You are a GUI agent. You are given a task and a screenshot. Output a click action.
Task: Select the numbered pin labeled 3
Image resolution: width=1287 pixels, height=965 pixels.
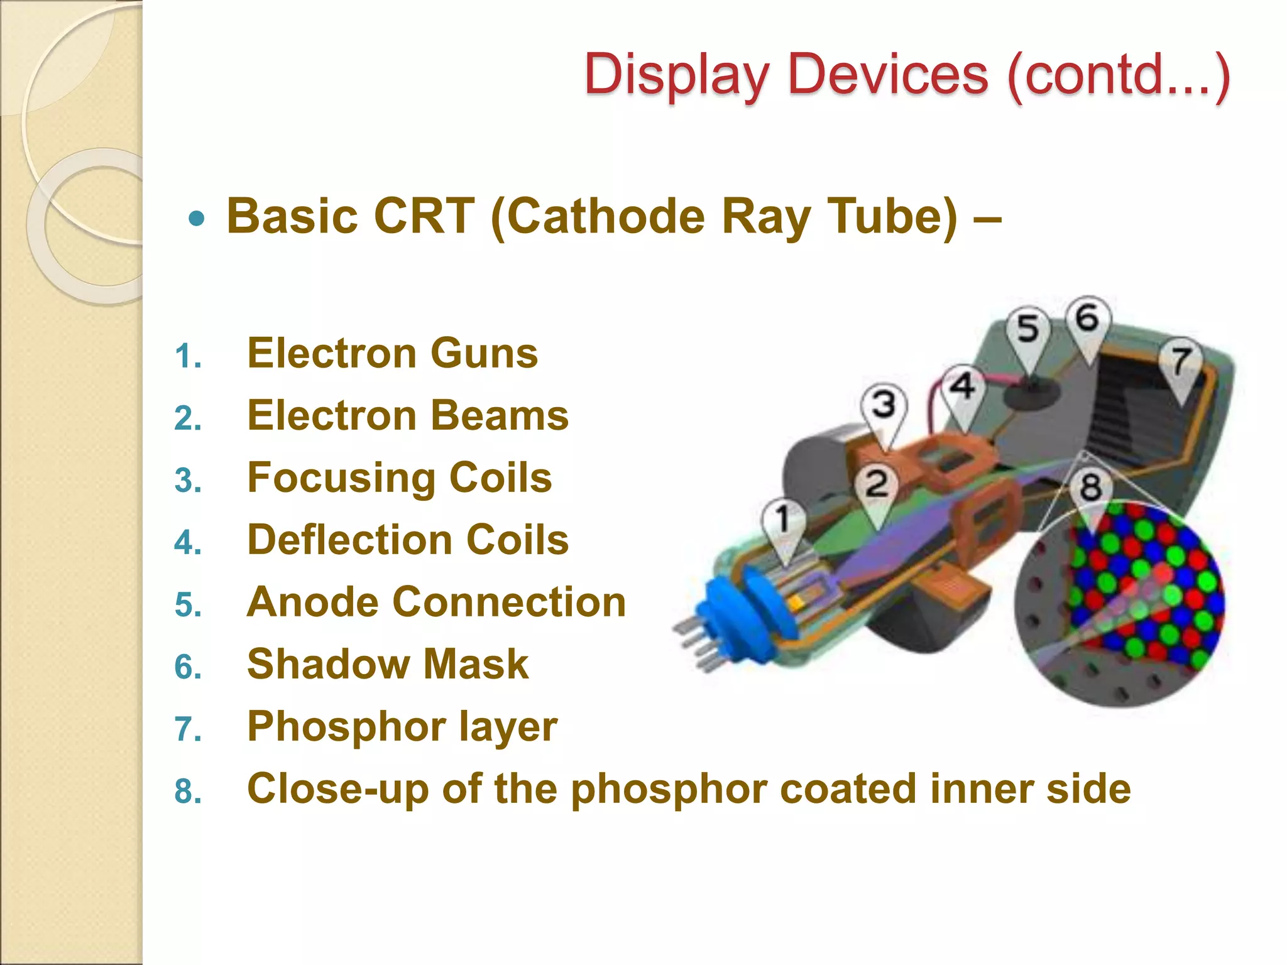click(x=884, y=405)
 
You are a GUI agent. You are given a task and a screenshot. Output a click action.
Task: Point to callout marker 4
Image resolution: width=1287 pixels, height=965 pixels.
click(x=962, y=386)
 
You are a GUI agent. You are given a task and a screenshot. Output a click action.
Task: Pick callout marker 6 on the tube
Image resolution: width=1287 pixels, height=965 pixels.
click(x=1088, y=318)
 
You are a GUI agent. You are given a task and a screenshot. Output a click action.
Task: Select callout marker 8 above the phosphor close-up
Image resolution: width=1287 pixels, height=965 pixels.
click(x=1090, y=488)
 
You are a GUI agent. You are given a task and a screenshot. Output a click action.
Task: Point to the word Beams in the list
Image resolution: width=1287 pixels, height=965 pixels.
click(x=500, y=416)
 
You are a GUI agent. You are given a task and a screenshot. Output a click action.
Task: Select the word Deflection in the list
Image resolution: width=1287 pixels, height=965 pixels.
click(x=348, y=540)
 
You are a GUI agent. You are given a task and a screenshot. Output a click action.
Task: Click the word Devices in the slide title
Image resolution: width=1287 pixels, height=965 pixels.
click(x=888, y=75)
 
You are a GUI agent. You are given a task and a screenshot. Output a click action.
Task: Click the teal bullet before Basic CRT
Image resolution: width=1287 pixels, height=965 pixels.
click(x=197, y=219)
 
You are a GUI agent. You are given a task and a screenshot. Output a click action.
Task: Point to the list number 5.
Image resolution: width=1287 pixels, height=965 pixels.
click(x=187, y=605)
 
